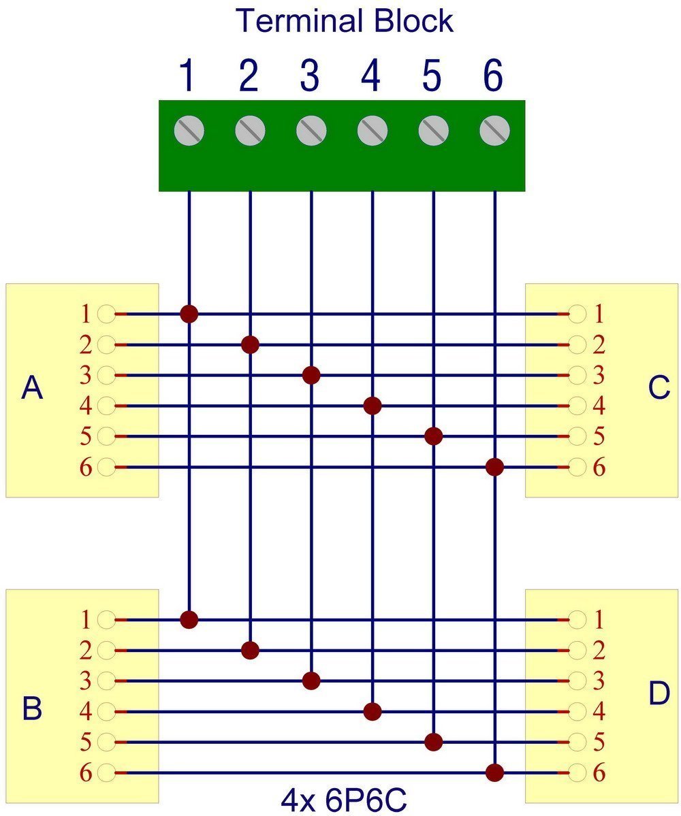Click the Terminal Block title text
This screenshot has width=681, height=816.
(345, 21)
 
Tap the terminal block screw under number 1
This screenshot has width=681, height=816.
(189, 130)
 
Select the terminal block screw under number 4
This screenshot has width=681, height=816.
(373, 130)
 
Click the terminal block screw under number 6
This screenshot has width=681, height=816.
(494, 130)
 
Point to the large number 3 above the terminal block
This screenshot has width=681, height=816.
(310, 76)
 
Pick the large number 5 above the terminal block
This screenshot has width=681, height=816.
(432, 76)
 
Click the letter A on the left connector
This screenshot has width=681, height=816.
(32, 388)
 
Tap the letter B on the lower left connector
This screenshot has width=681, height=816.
(32, 708)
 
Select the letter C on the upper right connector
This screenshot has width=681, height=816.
(659, 388)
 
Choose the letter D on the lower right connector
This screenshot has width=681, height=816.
(659, 693)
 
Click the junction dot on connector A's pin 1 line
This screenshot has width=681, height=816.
(189, 314)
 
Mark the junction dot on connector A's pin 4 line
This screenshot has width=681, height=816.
(373, 406)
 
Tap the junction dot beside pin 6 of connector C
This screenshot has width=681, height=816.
(494, 467)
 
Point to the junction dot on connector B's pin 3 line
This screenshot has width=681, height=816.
(311, 681)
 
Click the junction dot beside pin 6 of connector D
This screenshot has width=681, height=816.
(494, 773)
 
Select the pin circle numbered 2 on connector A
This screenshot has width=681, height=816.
(106, 344)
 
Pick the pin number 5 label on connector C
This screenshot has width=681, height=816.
(599, 436)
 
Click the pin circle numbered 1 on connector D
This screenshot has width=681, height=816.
(577, 620)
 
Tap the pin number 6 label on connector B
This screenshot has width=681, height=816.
(86, 773)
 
